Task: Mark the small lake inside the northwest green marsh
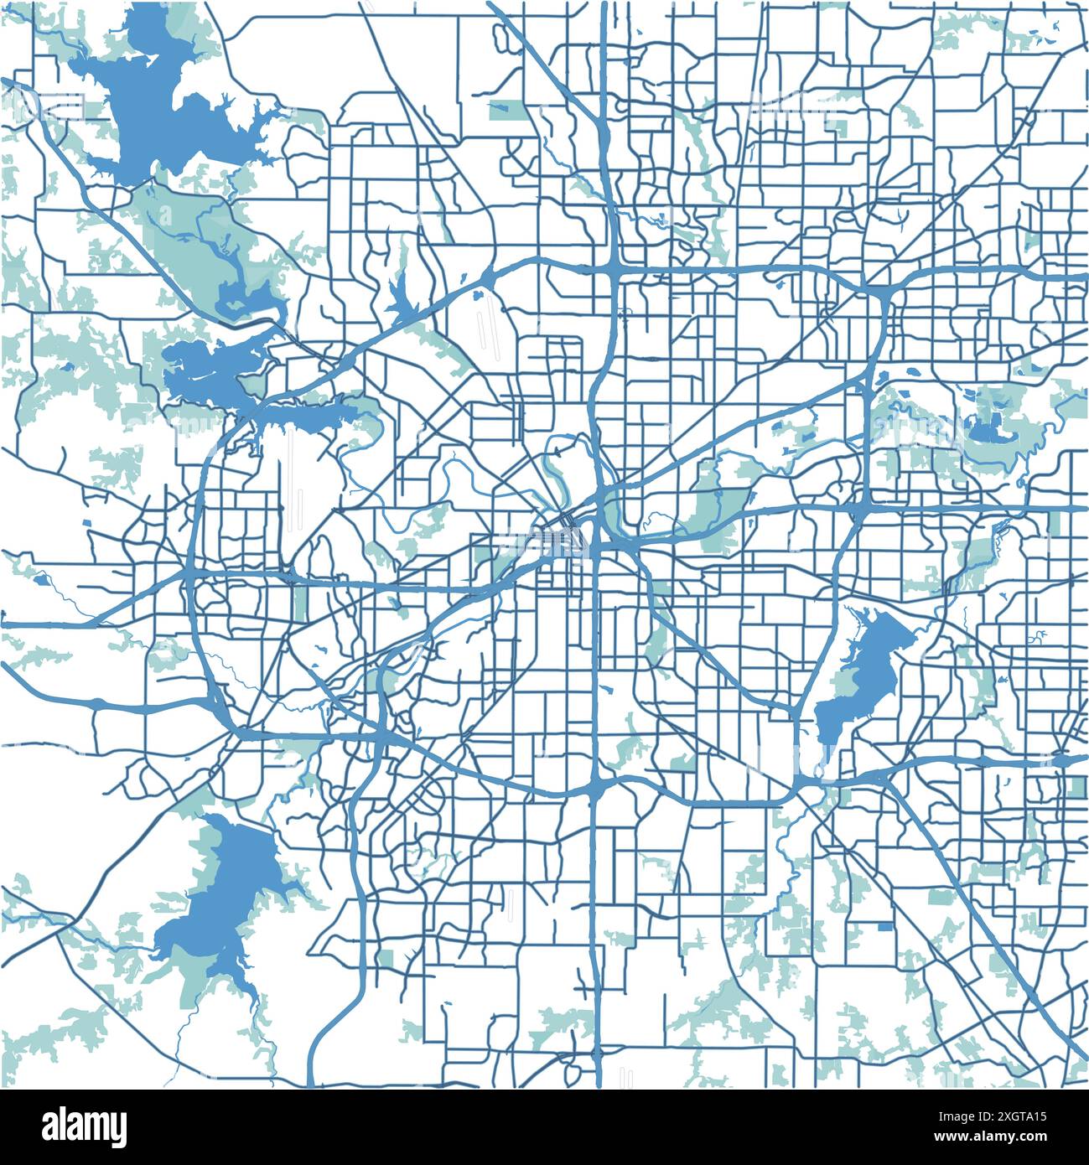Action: [x=247, y=298]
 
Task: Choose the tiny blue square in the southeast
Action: [x=885, y=927]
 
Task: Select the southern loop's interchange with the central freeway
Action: [x=595, y=788]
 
